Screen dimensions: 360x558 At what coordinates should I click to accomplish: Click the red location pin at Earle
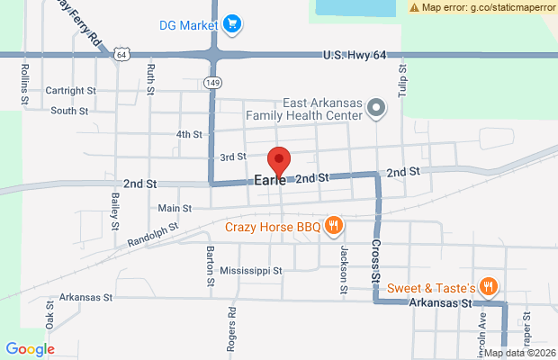279,160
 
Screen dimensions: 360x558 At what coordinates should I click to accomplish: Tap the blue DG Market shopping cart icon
231,23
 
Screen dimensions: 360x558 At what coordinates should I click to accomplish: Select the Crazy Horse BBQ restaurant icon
333,225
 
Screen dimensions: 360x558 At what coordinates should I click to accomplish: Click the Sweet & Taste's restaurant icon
488,288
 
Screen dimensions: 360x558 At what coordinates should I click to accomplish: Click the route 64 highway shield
121,55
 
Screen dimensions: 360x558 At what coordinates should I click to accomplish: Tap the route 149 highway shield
213,83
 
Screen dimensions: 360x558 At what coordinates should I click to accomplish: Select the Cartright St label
71,90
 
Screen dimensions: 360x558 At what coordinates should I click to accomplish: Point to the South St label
69,112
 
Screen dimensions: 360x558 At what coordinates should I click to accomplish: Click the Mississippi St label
251,269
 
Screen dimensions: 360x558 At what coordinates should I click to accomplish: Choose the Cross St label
376,257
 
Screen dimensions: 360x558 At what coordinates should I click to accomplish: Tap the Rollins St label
24,80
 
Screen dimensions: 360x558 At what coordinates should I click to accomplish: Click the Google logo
30,349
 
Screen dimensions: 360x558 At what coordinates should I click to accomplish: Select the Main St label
175,208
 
